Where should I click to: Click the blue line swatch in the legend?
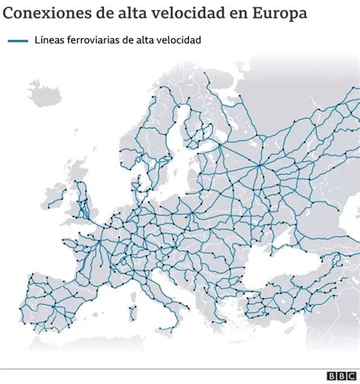(x=17, y=42)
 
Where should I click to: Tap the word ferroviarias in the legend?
(x=96, y=42)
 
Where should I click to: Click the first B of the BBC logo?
(x=332, y=376)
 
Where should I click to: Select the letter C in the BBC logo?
(x=352, y=376)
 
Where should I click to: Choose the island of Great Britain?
(x=84, y=202)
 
